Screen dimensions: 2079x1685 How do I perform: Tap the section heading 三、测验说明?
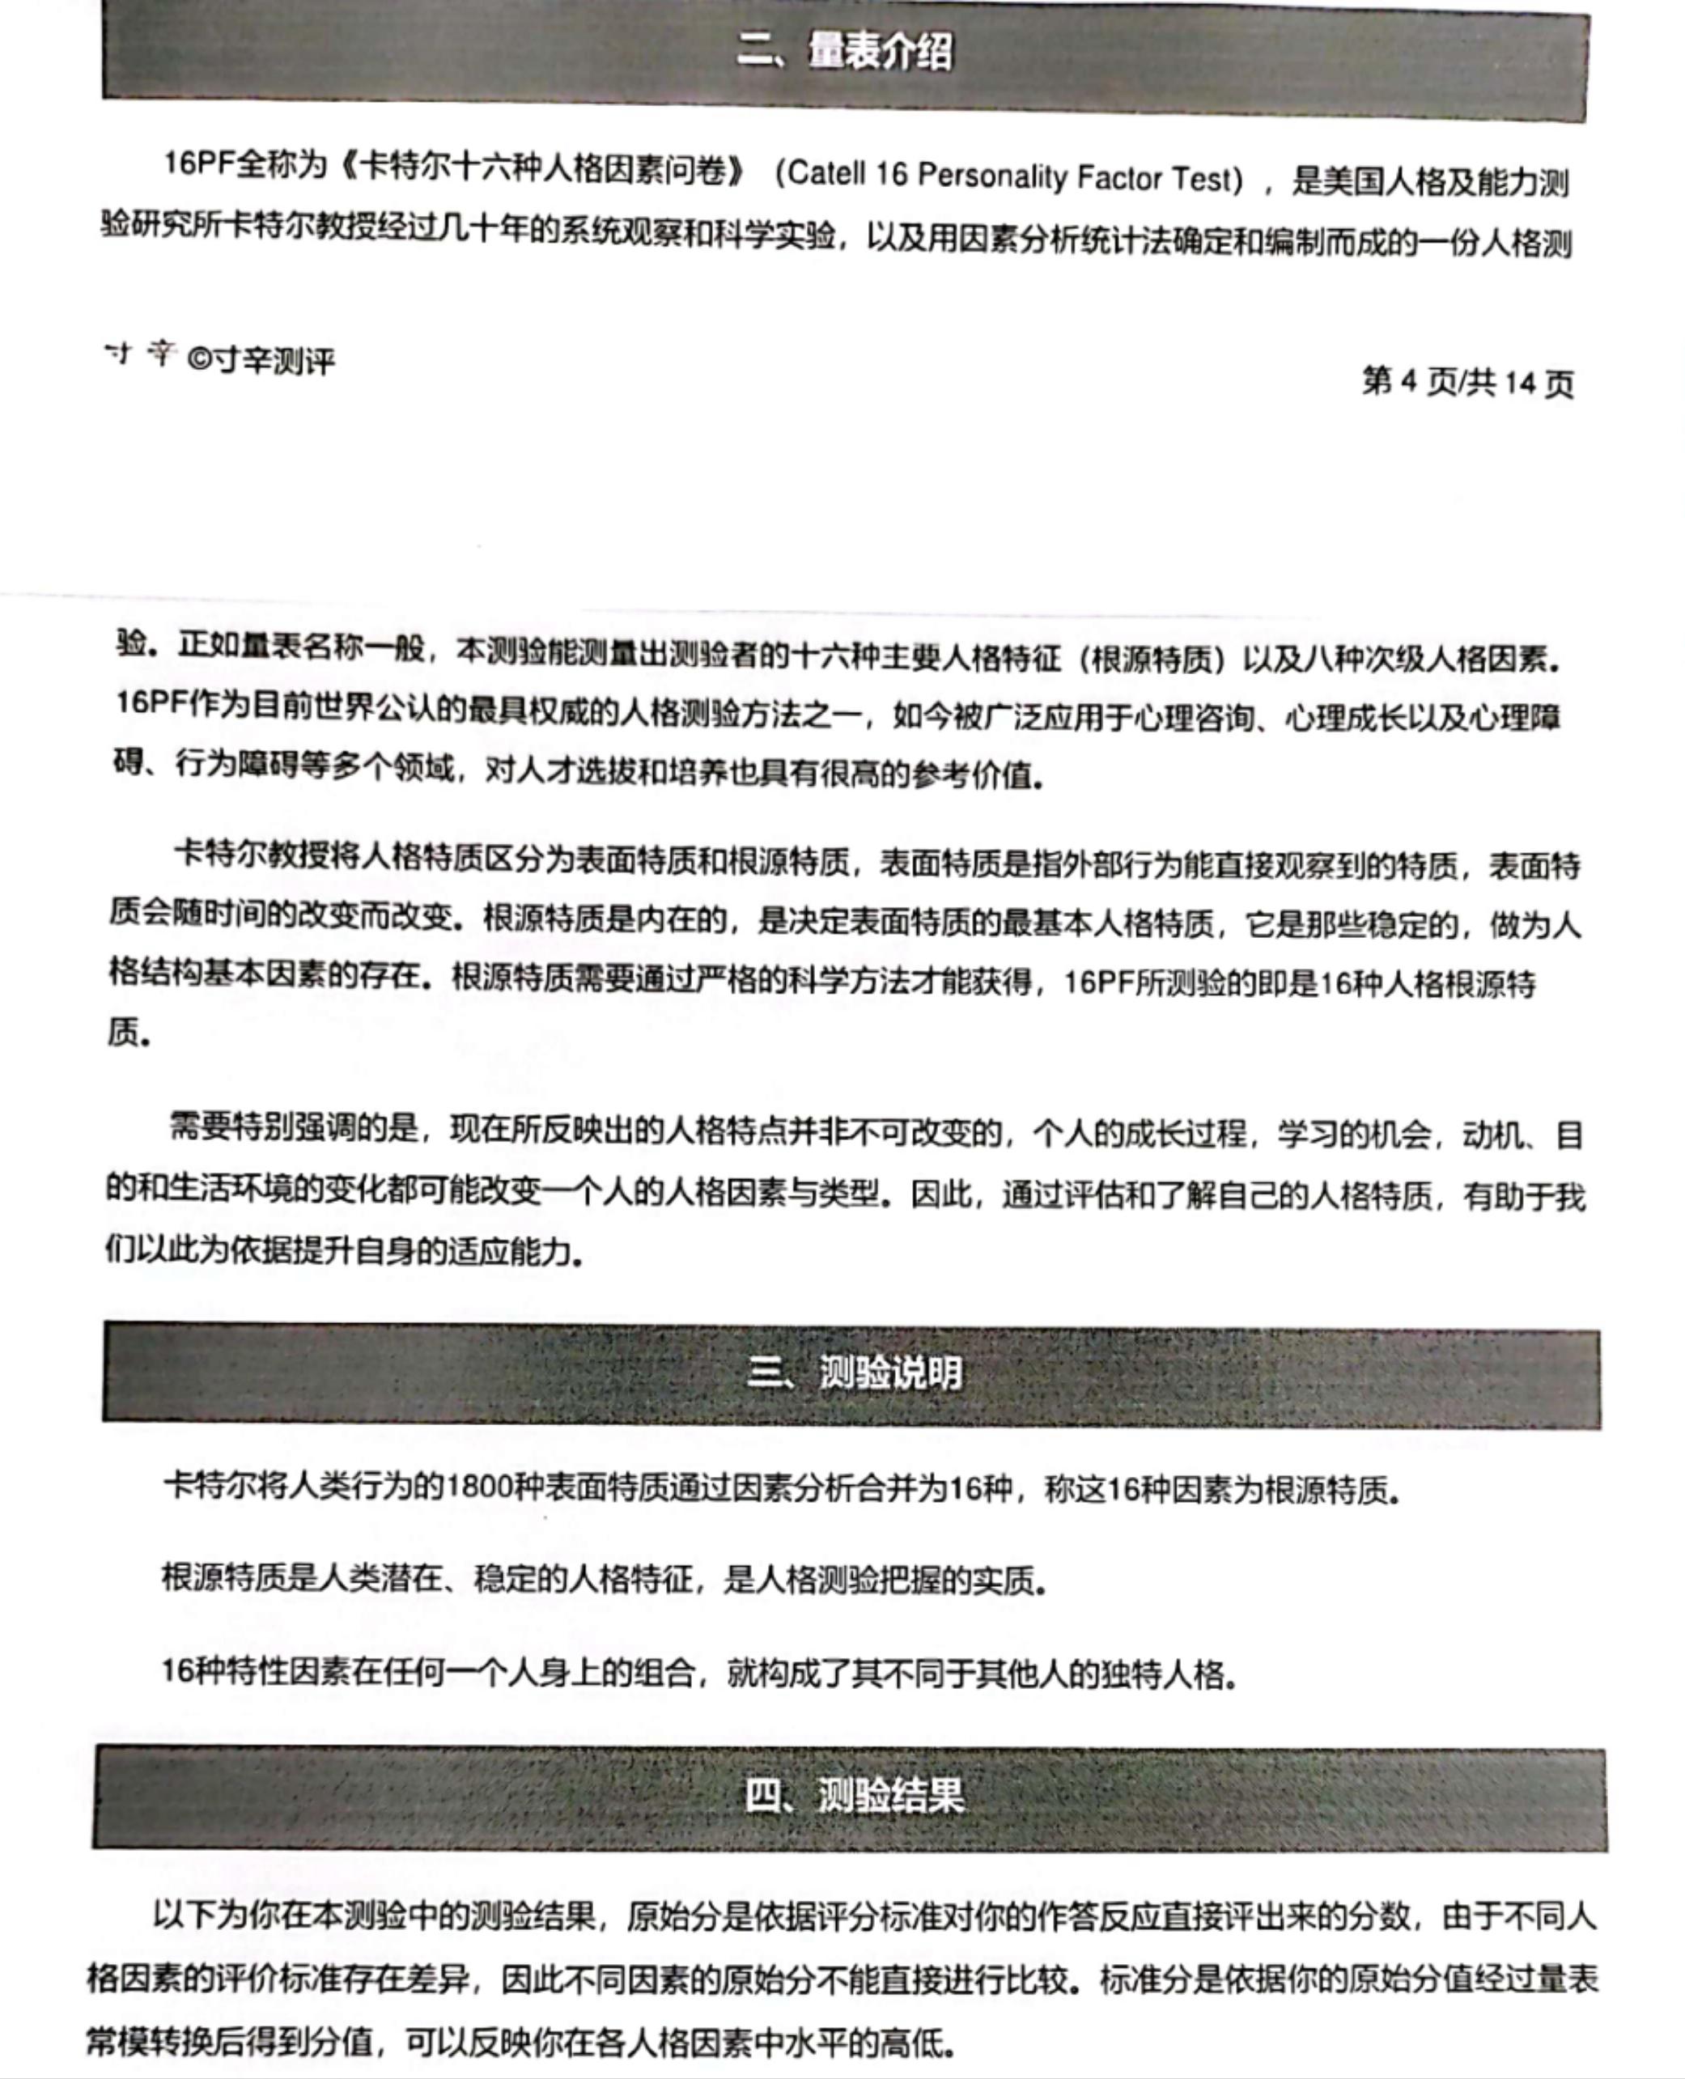854,1373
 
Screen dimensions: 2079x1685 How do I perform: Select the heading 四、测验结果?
854,1796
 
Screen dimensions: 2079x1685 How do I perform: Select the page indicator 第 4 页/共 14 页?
1466,383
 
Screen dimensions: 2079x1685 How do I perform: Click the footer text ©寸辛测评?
260,361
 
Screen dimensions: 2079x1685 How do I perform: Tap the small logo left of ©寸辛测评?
140,354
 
